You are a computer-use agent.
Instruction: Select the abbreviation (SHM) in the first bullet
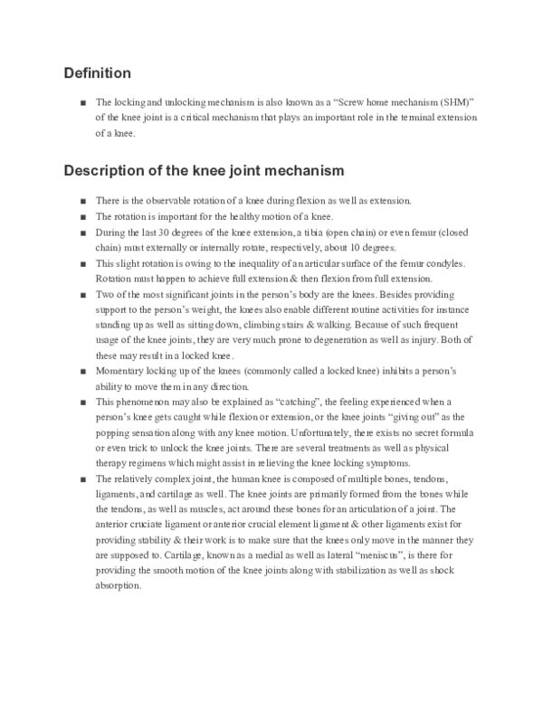(434, 103)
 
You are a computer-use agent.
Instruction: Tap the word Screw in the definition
(355, 103)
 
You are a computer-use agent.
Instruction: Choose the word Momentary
(121, 371)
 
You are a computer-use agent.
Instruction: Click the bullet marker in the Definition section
(82, 103)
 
